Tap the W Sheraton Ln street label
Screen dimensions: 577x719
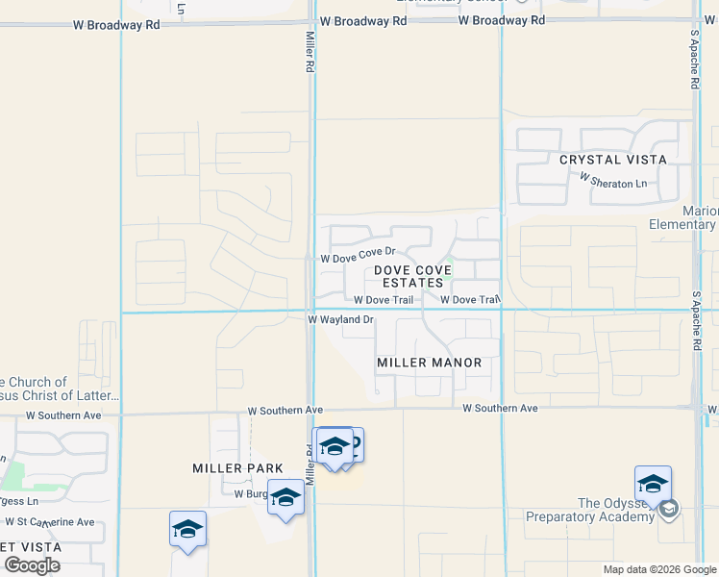point(613,180)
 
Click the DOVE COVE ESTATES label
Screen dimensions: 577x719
point(413,277)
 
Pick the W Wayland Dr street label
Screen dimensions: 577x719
point(340,319)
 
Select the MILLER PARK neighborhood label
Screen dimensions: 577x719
point(237,468)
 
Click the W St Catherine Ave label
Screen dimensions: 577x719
point(49,522)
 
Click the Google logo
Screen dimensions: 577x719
point(32,564)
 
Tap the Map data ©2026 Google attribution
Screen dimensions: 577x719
point(658,569)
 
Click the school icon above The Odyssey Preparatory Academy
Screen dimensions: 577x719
point(653,484)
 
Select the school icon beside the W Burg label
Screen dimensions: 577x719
point(285,497)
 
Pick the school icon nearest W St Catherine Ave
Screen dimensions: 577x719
point(187,529)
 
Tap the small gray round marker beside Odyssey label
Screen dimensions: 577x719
point(669,509)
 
